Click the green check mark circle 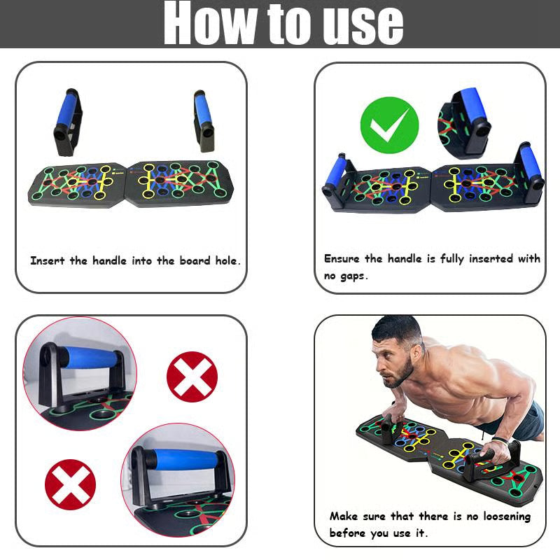pos(389,126)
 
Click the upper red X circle pos(192,377)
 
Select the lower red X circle pos(70,484)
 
